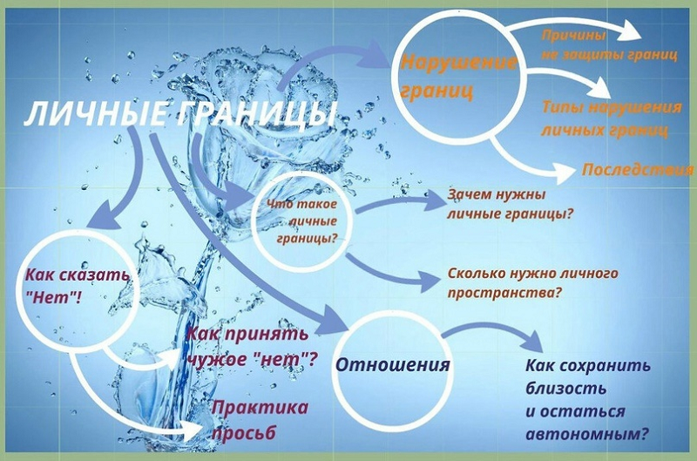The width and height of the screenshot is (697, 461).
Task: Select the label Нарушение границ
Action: pos(458,77)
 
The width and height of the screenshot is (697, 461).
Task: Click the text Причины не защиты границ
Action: pos(609,44)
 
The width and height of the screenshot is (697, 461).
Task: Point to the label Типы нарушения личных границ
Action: pos(612,119)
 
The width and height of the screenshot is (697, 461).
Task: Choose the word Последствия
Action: pos(638,169)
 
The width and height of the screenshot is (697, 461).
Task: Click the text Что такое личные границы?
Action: pos(302,221)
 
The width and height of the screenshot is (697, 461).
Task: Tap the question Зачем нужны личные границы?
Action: pos(510,205)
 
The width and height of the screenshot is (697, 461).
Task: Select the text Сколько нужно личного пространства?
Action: pos(532,283)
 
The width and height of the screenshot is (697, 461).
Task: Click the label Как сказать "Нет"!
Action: pos(78,286)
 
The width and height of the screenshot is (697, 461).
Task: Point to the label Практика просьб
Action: pos(260,420)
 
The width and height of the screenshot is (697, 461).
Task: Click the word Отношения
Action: pos(393,364)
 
